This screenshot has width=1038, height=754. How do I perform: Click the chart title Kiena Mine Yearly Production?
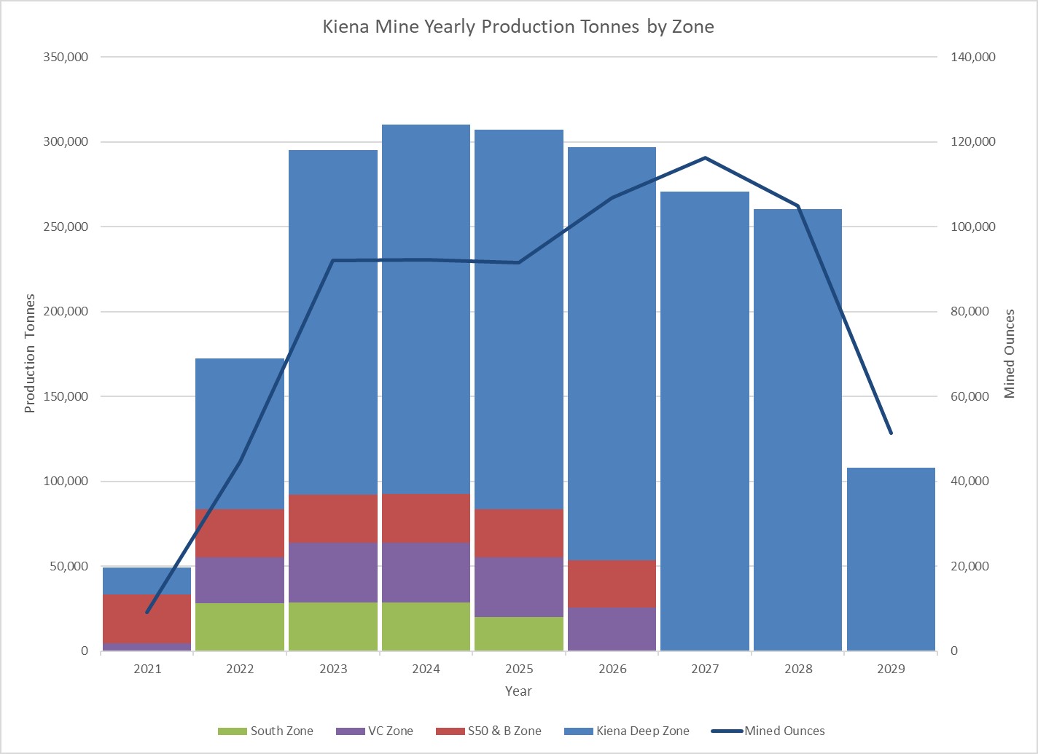518,27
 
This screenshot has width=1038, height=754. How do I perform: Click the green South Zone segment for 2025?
519,634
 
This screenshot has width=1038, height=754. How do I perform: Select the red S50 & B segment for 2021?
147,618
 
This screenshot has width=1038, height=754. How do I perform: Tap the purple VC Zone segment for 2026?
612,629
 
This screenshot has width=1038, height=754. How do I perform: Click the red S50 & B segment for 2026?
612,584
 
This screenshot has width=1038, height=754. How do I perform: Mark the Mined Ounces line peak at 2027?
705,157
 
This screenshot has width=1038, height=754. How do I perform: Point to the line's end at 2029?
891,433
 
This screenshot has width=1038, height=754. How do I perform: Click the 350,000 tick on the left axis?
66,57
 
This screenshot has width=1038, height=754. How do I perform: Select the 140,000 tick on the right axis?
973,57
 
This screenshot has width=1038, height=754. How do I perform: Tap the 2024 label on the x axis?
426,669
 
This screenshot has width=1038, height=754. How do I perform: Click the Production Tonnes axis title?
30,353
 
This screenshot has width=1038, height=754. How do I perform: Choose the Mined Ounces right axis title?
1010,353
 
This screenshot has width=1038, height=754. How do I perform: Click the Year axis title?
518,691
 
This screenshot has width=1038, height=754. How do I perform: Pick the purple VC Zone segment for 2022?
240,580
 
